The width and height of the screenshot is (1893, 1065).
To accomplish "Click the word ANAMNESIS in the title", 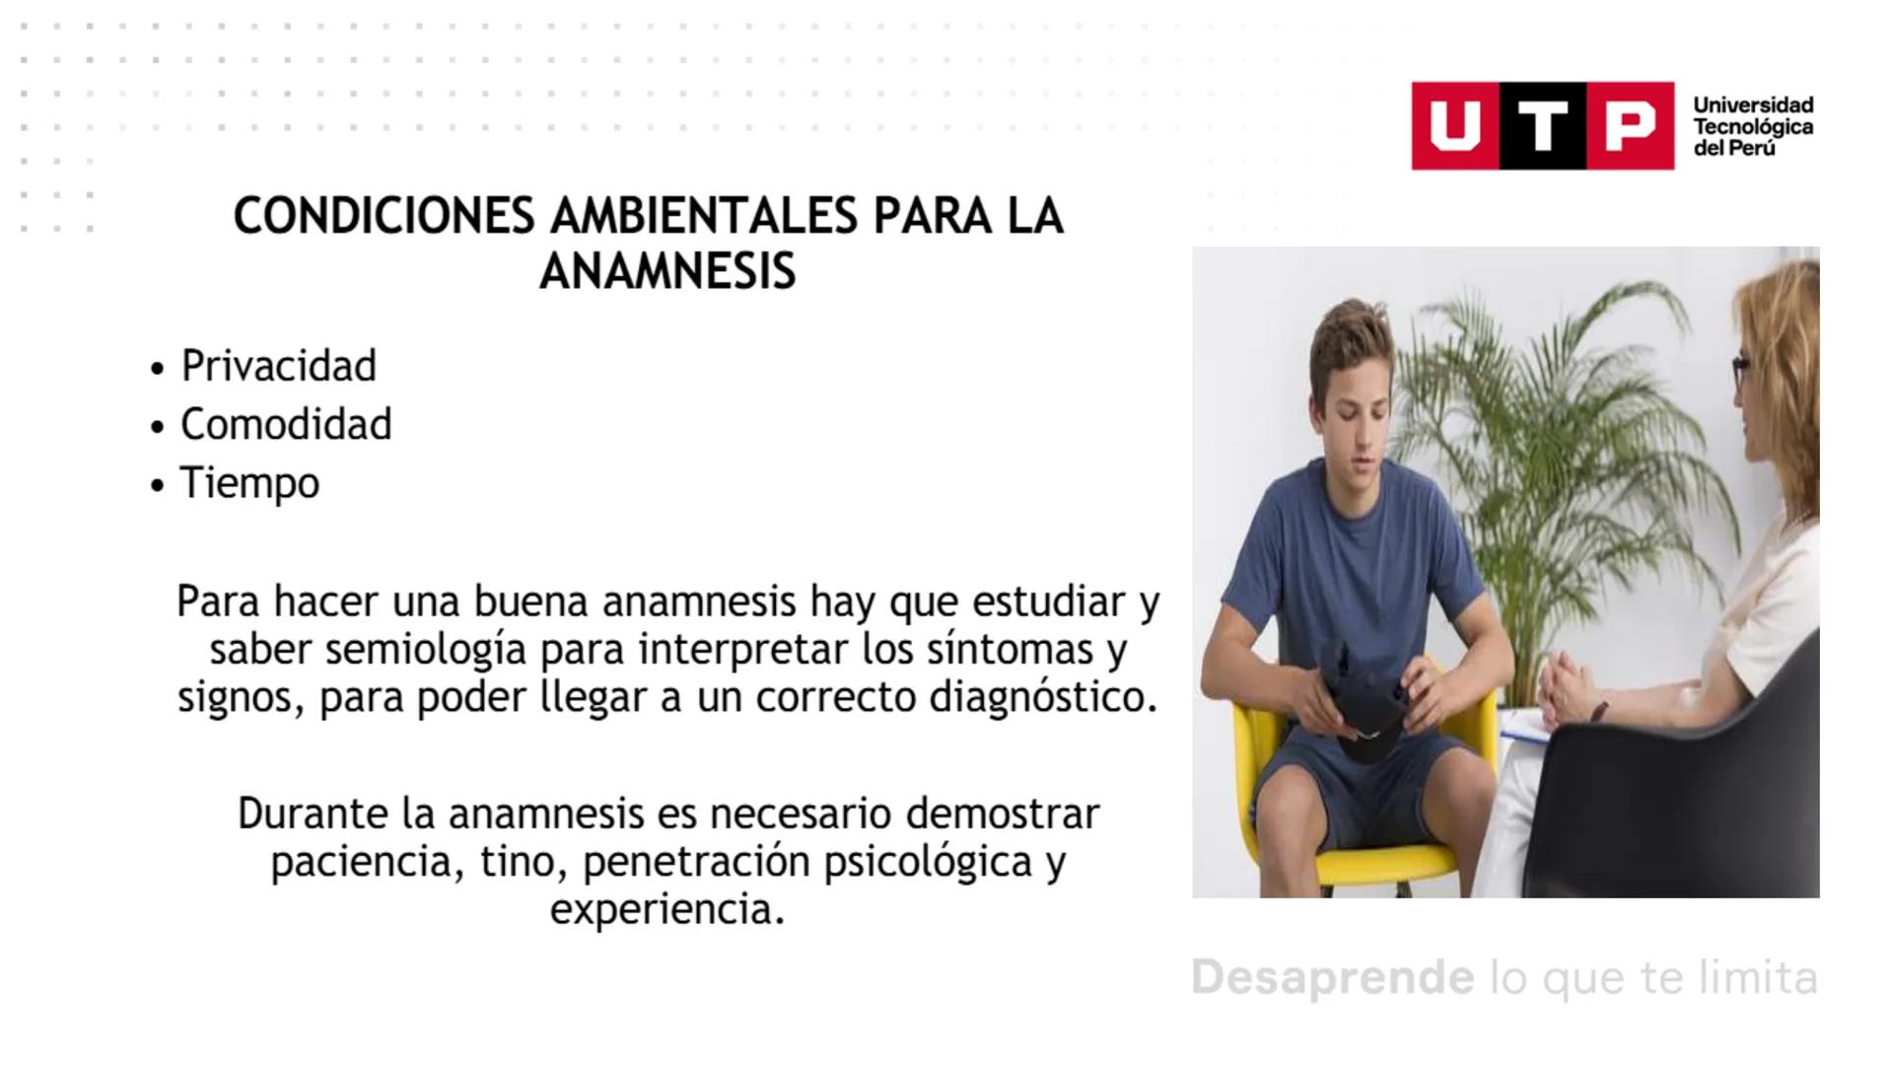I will coord(667,271).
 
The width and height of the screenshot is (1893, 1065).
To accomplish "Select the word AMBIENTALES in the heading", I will coord(703,216).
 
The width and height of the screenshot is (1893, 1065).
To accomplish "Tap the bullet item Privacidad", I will coord(278,366).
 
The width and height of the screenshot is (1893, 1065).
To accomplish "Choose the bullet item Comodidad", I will coord(286,424).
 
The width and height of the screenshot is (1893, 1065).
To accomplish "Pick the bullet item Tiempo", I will coord(249,483).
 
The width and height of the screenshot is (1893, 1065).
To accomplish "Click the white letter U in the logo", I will coord(1454,126).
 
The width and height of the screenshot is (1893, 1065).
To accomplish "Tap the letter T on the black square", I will coord(1543,126).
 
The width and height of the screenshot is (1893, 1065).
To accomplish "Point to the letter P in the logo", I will coord(1630,126).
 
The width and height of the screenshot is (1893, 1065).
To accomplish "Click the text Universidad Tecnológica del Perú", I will coord(1752,126).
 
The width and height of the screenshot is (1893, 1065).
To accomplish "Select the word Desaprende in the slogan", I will coord(1332,977).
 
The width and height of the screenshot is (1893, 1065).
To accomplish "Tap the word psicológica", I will coord(928,861).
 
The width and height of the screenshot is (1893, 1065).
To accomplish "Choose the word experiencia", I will coord(667,908).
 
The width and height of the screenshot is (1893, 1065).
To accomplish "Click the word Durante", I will coord(313,814).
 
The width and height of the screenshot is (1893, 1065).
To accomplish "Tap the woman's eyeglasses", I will coord(1741,373).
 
